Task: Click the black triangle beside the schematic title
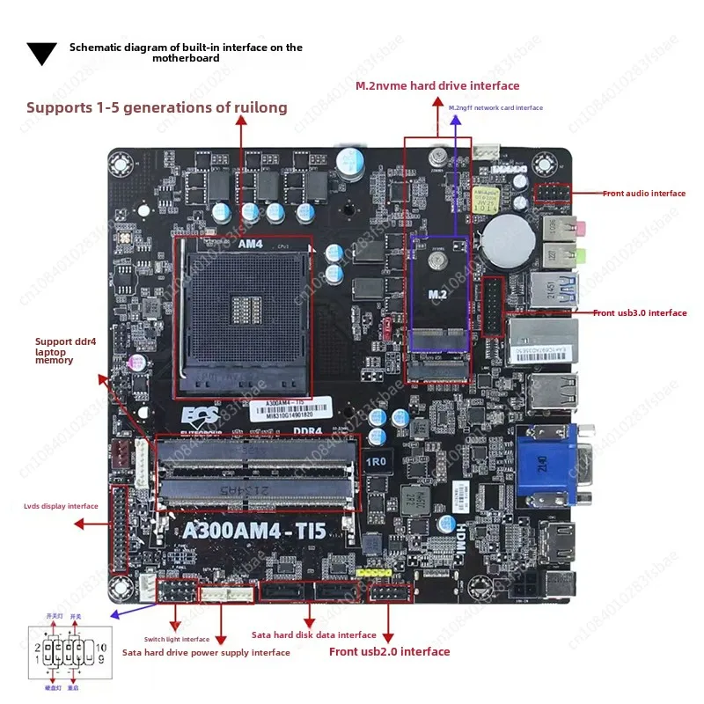pos(41,54)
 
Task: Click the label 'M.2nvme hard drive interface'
pos(437,86)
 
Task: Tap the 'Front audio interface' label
pos(643,194)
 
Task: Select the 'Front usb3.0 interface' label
pos(640,313)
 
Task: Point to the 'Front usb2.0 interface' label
pos(389,652)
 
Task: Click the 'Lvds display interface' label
pos(61,506)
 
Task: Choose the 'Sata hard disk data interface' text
pos(314,634)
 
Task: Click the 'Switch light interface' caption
pos(177,640)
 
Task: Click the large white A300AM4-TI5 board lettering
pos(254,531)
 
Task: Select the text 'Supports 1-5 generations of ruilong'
pos(157,108)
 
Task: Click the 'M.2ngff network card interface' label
pos(495,108)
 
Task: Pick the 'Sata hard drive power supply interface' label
pos(205,653)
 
